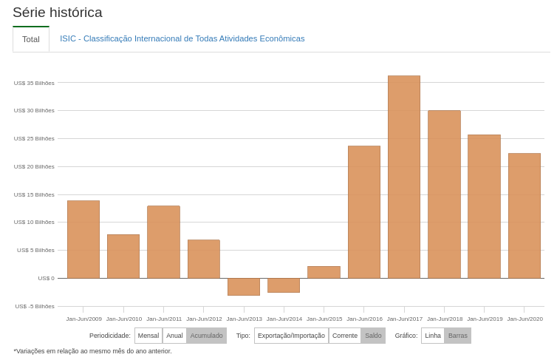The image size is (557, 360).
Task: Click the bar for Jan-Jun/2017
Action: (x=404, y=177)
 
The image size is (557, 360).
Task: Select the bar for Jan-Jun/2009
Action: (x=83, y=240)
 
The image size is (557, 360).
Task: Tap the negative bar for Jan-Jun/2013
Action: (x=244, y=287)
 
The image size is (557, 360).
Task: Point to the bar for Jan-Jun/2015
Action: (x=324, y=272)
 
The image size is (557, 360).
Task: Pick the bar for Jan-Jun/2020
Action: (x=524, y=216)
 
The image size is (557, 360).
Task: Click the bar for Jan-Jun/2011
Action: (x=163, y=242)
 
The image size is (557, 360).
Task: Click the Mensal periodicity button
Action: (x=148, y=336)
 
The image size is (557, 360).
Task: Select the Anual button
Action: (x=174, y=336)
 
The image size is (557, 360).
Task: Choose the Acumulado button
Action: (x=206, y=336)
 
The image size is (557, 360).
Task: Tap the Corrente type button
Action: (x=345, y=336)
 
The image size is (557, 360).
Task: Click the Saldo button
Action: (x=373, y=336)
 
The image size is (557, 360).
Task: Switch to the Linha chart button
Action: (x=433, y=336)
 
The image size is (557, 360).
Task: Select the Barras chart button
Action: (x=458, y=336)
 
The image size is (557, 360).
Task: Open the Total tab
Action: (x=31, y=39)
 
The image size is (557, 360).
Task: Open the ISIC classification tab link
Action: (x=182, y=38)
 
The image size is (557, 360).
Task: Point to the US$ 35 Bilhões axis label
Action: (x=34, y=83)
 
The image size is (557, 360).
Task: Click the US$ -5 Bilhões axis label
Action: (x=34, y=306)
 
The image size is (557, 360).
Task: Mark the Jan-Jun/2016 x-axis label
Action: (x=364, y=319)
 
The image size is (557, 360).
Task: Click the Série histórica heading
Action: (x=58, y=13)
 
